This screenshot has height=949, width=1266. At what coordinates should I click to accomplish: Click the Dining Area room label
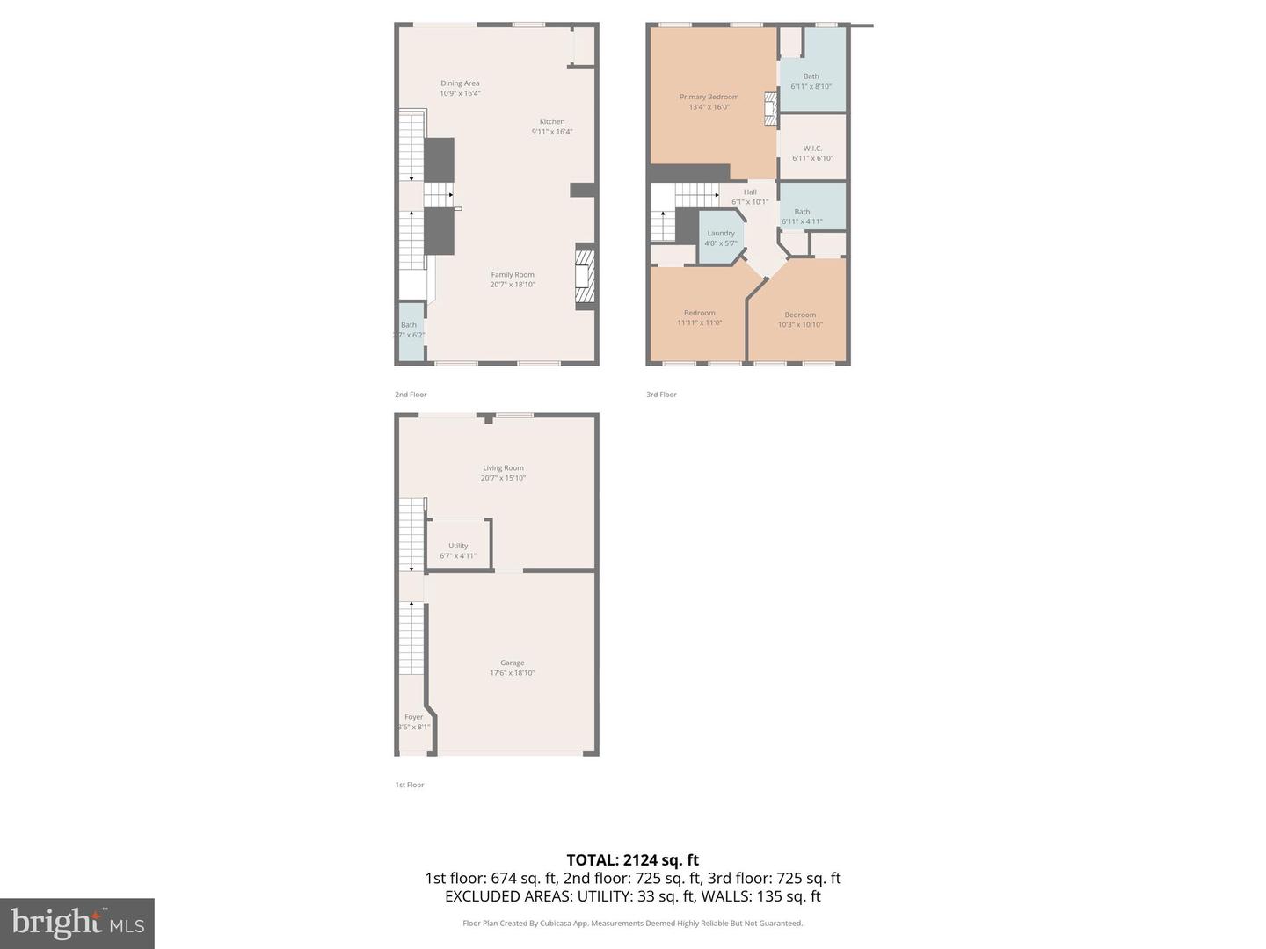[x=460, y=83]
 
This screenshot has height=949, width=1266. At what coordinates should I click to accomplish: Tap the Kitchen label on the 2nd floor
[x=552, y=122]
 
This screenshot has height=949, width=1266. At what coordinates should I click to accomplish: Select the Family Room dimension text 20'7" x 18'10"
[x=513, y=285]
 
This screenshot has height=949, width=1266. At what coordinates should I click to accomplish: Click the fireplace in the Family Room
[x=585, y=277]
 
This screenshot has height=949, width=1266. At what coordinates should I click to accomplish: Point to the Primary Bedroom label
[x=709, y=97]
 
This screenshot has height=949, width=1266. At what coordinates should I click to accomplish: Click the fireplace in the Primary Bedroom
[x=771, y=107]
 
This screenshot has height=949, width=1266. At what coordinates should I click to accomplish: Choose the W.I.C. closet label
[x=812, y=149]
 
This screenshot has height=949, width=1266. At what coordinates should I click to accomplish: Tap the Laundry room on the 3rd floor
[x=721, y=237]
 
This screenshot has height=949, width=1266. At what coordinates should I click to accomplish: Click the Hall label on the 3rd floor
[x=750, y=192]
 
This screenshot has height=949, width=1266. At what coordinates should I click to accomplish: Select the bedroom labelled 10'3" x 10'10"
[x=800, y=320]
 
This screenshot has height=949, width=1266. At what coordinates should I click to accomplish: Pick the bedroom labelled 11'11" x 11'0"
[x=700, y=318]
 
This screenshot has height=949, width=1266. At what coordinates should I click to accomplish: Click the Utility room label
[x=458, y=546]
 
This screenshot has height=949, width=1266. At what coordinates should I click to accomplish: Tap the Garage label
[x=513, y=663]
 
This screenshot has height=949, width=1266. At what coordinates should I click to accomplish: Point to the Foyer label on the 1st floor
[x=413, y=717]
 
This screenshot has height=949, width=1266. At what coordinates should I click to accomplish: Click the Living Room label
[x=503, y=468]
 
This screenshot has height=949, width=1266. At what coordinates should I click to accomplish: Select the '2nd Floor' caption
[x=411, y=395]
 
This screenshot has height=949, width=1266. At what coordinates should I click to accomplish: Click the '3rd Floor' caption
[x=661, y=395]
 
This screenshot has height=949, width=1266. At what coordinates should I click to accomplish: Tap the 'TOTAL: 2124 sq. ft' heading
[x=632, y=860]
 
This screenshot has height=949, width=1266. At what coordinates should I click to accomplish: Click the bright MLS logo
[x=77, y=923]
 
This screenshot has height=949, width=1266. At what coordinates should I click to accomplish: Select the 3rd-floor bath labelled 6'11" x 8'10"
[x=811, y=81]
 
